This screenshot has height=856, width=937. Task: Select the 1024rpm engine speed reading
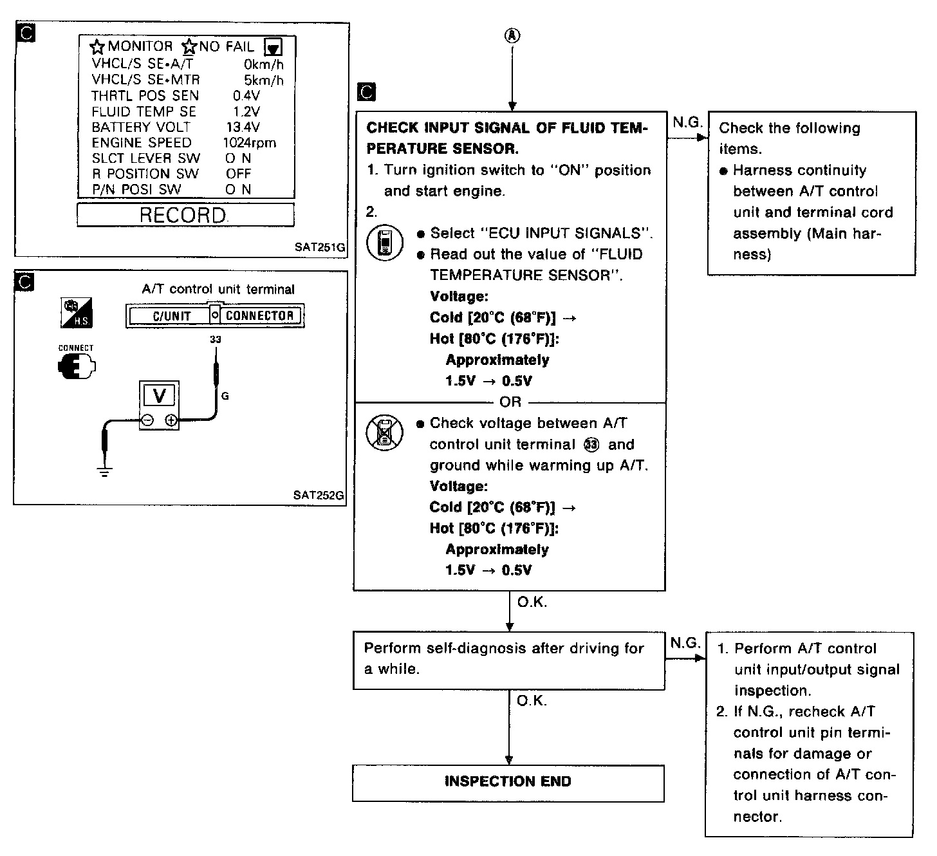pos(249,143)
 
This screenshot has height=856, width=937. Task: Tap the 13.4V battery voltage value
pos(243,127)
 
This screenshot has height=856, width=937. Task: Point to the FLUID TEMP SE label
pos(144,112)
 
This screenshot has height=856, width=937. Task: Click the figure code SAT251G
pos(320,247)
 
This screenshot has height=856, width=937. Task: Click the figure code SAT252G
pos(318,496)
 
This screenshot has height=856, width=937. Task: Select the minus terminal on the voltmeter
pos(147,420)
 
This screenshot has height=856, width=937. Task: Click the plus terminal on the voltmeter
pos(171,420)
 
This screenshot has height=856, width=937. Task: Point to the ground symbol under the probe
pos(105,472)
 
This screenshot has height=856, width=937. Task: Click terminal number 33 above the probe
pos(216,339)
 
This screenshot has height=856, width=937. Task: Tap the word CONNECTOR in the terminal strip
pos(259,316)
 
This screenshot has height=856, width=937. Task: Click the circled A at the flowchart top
pos(512,36)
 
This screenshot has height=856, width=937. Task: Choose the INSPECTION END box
pos(508,782)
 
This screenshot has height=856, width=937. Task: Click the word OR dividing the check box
pos(510,402)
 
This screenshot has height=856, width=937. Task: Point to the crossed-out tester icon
pos(384,431)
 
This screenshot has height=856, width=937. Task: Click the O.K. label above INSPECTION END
pos(532,700)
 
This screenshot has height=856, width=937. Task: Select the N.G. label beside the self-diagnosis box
pos(685,643)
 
